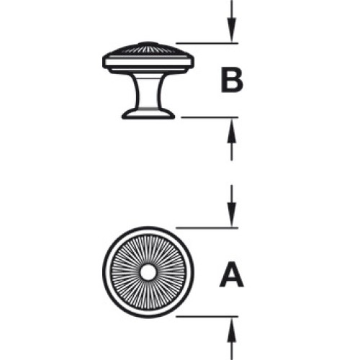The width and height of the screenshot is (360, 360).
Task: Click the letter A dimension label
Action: tap(232, 275)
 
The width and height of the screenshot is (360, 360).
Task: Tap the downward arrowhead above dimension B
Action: tap(232, 30)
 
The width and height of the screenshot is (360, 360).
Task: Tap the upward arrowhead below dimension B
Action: tap(232, 131)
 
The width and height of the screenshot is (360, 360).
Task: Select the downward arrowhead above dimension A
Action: tap(232, 215)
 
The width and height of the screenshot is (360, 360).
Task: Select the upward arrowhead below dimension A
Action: tap(232, 330)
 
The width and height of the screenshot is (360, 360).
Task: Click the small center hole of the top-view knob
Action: tap(148, 272)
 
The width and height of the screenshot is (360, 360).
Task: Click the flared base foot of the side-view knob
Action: tap(148, 114)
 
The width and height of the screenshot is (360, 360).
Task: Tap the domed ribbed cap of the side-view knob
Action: tap(148, 49)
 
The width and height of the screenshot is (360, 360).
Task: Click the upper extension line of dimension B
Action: tap(207, 43)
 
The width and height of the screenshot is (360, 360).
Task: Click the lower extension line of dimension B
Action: tap(210, 117)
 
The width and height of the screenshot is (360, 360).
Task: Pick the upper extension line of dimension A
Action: tap(207, 228)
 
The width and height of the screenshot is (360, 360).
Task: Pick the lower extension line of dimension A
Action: tap(207, 317)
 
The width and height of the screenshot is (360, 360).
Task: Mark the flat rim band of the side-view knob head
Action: tap(148, 61)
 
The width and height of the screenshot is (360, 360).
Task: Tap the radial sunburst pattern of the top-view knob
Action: tap(130, 272)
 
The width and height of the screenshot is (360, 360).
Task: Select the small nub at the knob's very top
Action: tap(148, 43)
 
